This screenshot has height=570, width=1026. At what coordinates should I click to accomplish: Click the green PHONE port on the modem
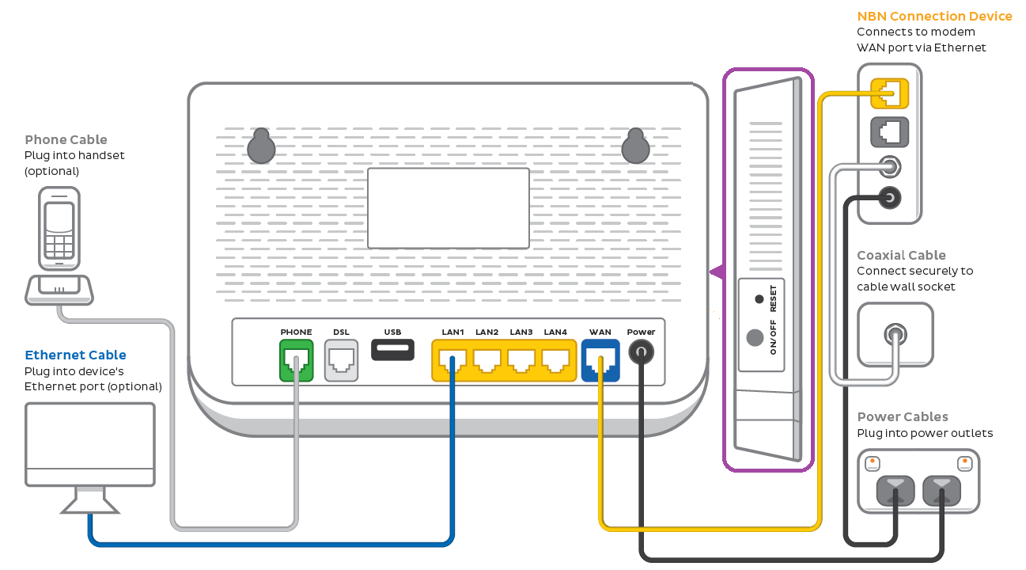pyautogui.click(x=296, y=360)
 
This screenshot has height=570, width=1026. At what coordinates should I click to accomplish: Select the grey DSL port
pyautogui.click(x=341, y=360)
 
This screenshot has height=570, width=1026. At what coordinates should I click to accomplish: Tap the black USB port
pyautogui.click(x=392, y=349)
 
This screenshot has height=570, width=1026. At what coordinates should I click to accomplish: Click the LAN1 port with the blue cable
pyautogui.click(x=452, y=360)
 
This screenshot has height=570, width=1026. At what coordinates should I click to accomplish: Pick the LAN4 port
pyautogui.click(x=555, y=360)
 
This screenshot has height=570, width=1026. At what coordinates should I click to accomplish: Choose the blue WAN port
pyautogui.click(x=600, y=360)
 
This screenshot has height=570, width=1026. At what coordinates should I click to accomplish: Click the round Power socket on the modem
pyautogui.click(x=641, y=351)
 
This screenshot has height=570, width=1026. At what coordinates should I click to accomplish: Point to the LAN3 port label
pyautogui.click(x=521, y=332)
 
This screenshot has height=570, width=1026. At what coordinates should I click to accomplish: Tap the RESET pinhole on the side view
pyautogui.click(x=759, y=299)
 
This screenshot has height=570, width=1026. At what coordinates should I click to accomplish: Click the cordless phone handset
pyautogui.click(x=59, y=230)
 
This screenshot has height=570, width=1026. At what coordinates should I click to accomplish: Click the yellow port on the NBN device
pyautogui.click(x=889, y=93)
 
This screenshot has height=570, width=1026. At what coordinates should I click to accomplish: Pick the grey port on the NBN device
pyautogui.click(x=889, y=131)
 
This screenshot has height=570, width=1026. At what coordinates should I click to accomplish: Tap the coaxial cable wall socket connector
pyautogui.click(x=895, y=333)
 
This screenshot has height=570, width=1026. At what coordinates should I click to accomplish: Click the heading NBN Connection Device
pyautogui.click(x=934, y=16)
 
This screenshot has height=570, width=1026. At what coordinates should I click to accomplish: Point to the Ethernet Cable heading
pyautogui.click(x=75, y=355)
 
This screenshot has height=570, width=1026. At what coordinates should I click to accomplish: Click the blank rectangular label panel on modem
pyautogui.click(x=448, y=208)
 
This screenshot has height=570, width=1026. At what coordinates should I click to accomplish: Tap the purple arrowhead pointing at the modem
pyautogui.click(x=717, y=272)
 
